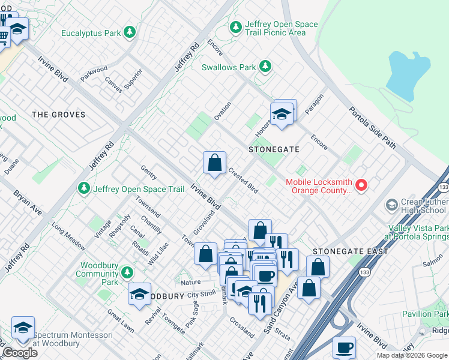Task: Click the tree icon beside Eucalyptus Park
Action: (129, 32)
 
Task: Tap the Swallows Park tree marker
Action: (265, 67)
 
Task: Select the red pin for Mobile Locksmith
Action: (361, 185)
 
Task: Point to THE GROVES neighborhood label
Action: (58, 114)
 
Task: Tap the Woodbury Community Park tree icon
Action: (127, 273)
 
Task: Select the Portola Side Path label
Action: (373, 128)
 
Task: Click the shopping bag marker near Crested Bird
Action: (214, 163)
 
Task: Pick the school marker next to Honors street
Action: (281, 113)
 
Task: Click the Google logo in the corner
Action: (20, 353)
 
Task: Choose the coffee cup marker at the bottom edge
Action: (344, 347)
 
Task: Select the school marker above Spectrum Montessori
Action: (23, 327)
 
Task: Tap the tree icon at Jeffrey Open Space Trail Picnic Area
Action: (236, 27)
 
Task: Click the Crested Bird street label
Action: (243, 180)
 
